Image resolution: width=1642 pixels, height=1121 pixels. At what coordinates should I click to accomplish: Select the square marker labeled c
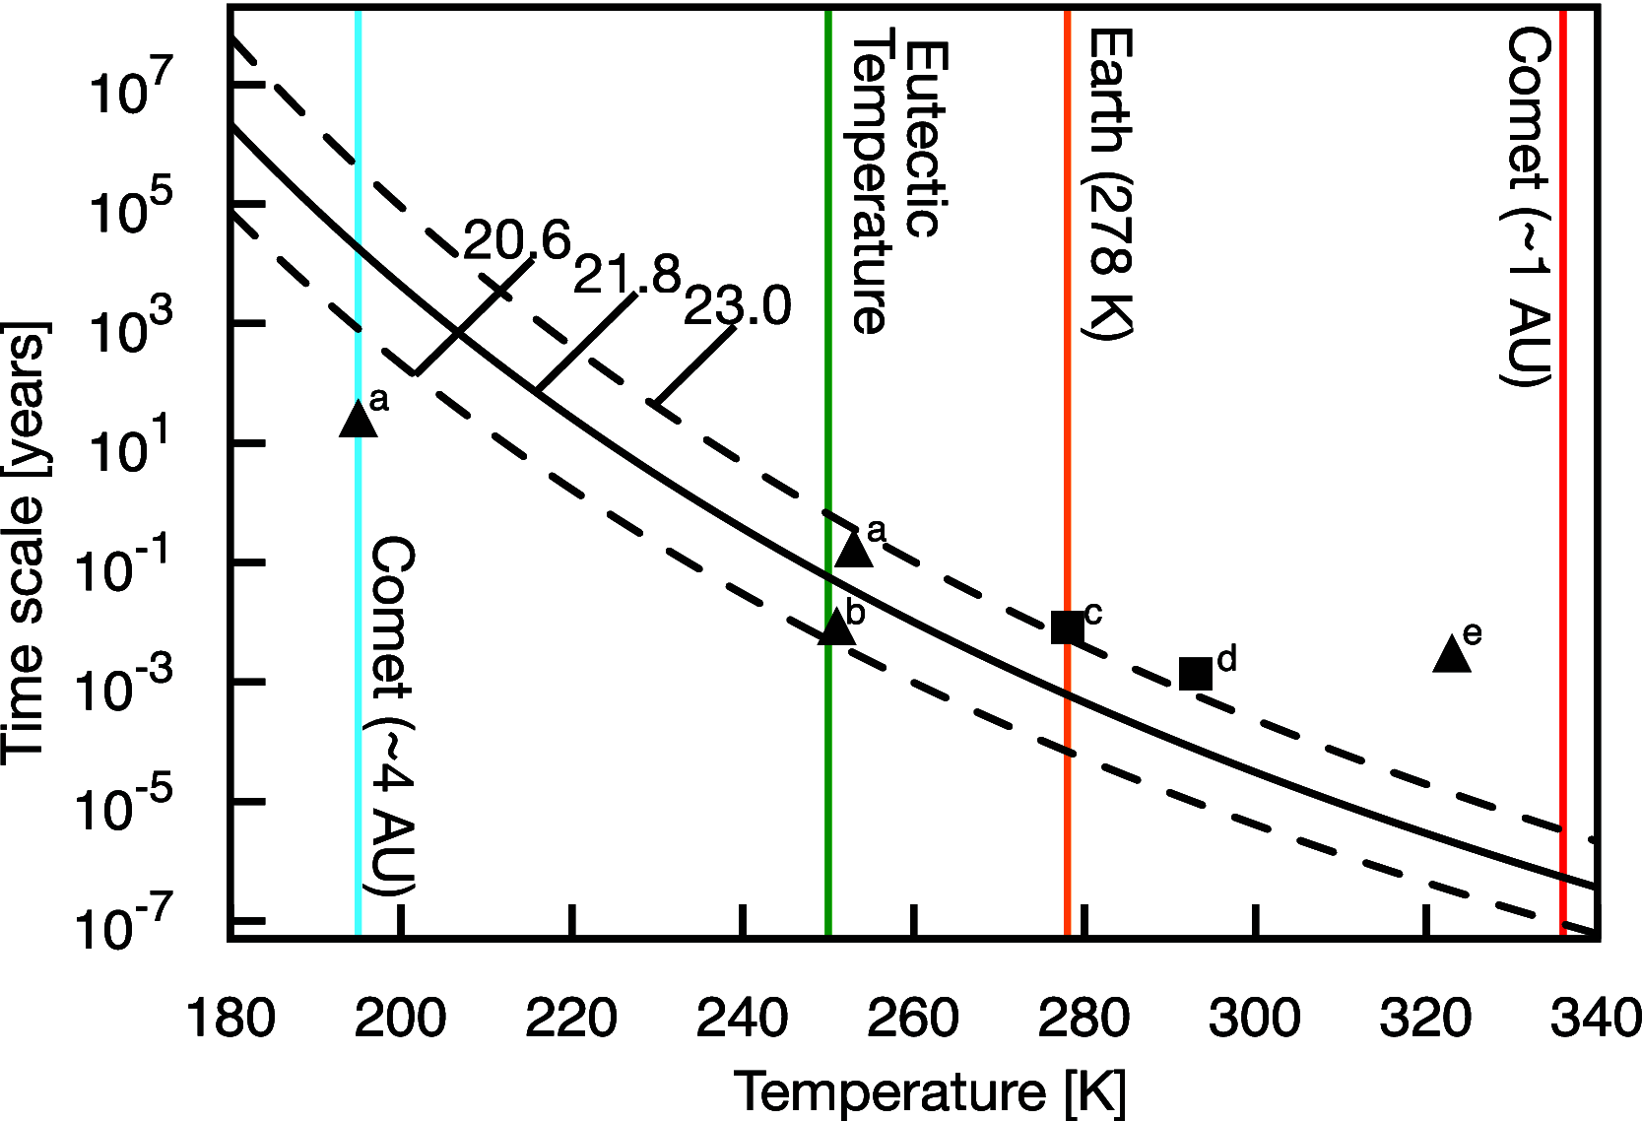point(1067,627)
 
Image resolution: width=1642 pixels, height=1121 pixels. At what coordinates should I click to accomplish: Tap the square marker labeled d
point(1196,674)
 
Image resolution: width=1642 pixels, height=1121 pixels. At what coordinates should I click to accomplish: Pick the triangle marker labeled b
point(836,627)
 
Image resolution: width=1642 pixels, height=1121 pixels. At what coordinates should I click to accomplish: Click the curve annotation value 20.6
point(517,240)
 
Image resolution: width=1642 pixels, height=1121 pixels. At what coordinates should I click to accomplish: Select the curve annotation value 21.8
point(627,274)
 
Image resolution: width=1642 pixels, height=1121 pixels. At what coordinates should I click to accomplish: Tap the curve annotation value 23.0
point(737,306)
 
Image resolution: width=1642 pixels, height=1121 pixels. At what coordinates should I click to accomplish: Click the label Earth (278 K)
point(1110,184)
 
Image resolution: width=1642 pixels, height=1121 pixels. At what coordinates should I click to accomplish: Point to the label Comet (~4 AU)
point(392,716)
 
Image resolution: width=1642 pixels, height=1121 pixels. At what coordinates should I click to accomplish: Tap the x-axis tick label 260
point(912,1018)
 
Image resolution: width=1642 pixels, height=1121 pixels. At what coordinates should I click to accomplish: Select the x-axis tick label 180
point(230,1018)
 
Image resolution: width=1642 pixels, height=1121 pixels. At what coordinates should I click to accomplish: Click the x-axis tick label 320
point(1425,1018)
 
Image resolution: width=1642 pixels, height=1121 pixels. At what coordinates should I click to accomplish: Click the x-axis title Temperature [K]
point(930,1091)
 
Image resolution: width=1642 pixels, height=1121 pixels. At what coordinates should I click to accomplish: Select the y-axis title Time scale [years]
point(24,542)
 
